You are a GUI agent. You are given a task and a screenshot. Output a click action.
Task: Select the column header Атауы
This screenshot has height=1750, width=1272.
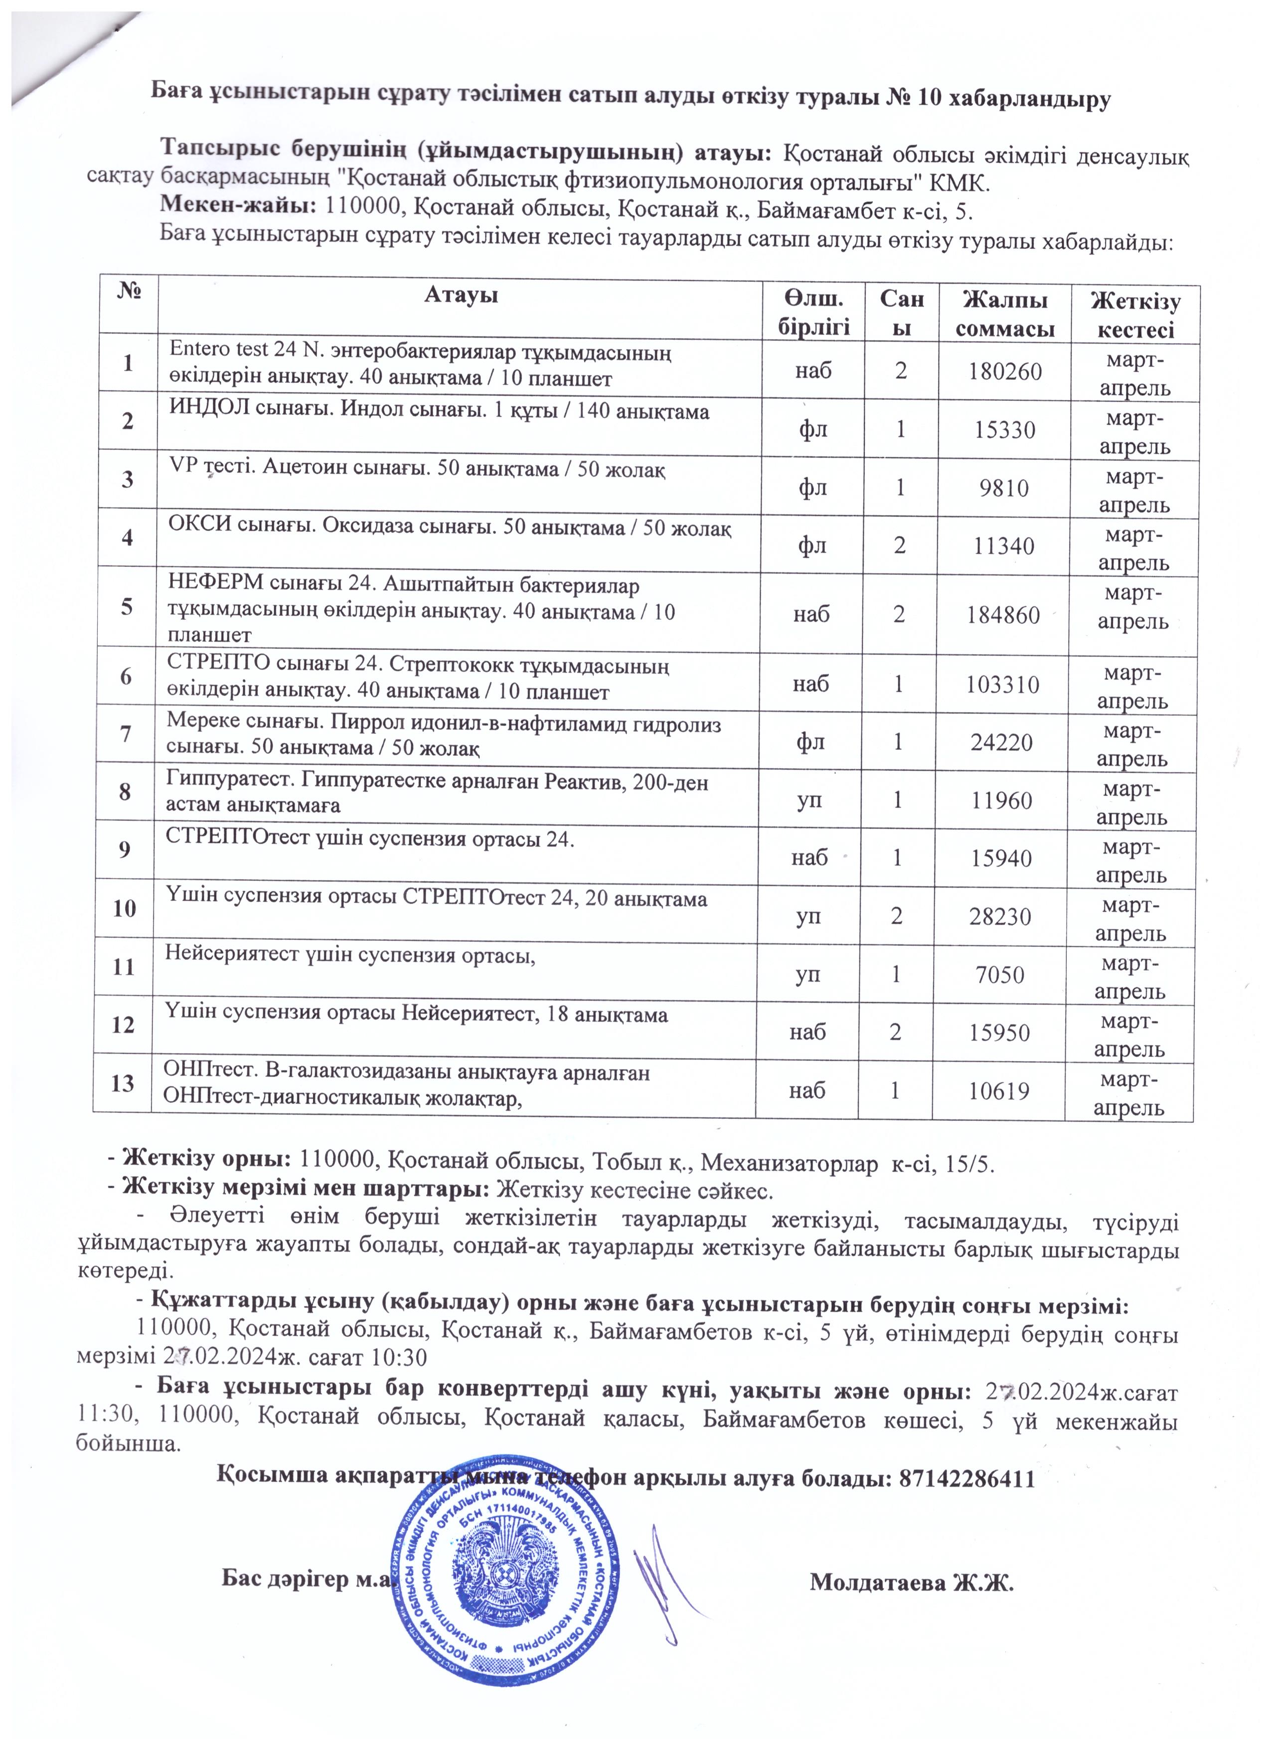click(x=461, y=296)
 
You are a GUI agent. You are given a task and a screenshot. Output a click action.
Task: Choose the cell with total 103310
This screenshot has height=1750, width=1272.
click(x=1001, y=685)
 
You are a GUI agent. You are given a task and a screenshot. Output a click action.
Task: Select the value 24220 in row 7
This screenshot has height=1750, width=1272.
click(x=1001, y=742)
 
